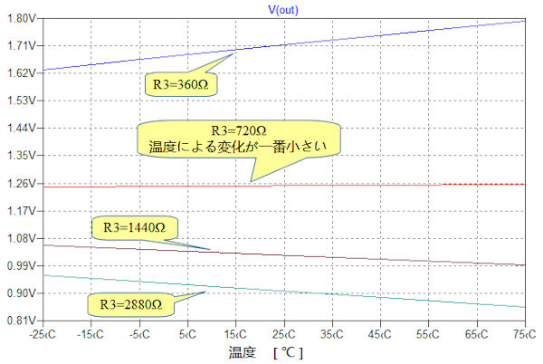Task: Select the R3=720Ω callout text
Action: [x=239, y=129]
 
